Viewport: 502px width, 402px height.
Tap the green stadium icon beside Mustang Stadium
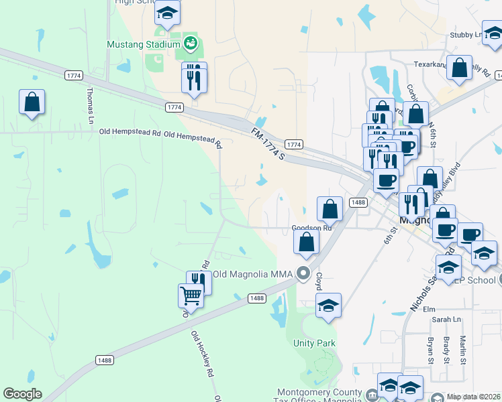click(190, 44)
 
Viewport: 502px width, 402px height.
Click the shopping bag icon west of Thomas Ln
click(32, 103)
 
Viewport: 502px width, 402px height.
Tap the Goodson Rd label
click(312, 228)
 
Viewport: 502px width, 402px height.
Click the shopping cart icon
click(191, 295)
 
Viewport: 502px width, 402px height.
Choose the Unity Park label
click(314, 344)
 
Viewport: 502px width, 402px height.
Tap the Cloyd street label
click(319, 279)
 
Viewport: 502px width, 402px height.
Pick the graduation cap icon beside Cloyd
click(328, 306)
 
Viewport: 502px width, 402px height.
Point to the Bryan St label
click(430, 350)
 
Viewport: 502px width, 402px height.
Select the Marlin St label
click(463, 350)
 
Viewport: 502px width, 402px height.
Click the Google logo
click(22, 394)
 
